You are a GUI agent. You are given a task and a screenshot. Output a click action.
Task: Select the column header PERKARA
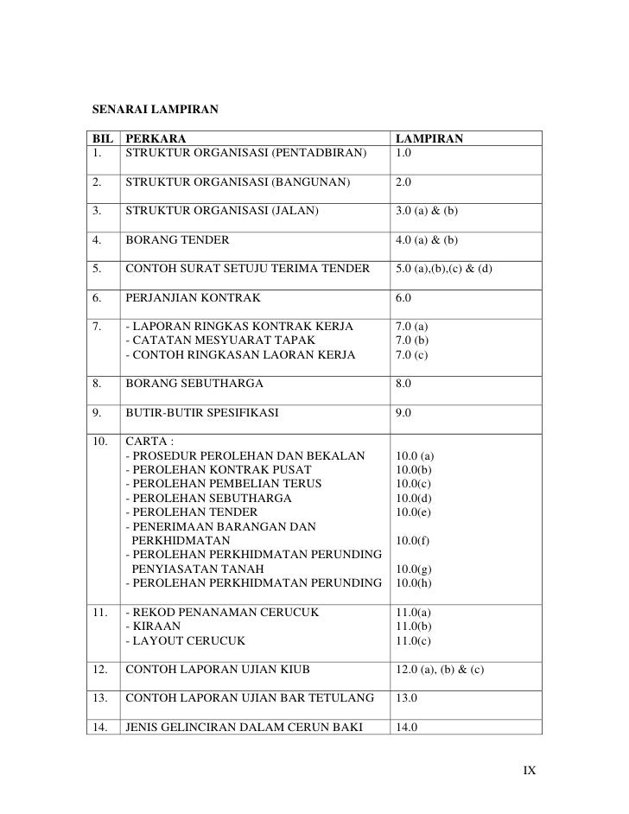coord(155,138)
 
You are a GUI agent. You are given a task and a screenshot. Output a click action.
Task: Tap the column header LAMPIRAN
coord(429,138)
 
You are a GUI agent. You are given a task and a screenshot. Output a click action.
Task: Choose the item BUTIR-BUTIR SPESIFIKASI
coord(203,413)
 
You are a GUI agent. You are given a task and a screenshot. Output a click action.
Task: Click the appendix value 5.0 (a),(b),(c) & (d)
coord(443,269)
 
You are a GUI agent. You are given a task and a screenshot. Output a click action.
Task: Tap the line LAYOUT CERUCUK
coord(186,640)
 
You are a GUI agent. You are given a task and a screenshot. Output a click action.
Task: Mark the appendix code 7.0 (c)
coord(411,355)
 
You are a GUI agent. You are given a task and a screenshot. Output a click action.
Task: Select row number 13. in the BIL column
coord(102,697)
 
